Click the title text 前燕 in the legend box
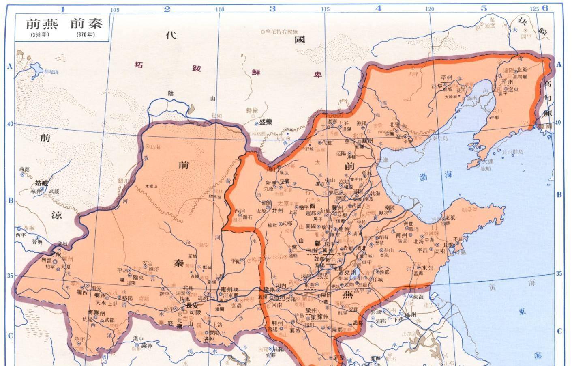pyautogui.click(x=42, y=24)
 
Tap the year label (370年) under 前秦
pyautogui.click(x=85, y=34)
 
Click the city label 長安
pyautogui.click(x=192, y=305)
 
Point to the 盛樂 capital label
pyautogui.click(x=266, y=122)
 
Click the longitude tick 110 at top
pyautogui.click(x=219, y=9)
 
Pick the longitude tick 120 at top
pyautogui.click(x=429, y=9)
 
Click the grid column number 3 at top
pyautogui.click(x=272, y=9)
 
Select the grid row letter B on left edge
pyautogui.click(x=11, y=200)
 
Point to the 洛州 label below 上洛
pyautogui.click(x=208, y=339)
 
